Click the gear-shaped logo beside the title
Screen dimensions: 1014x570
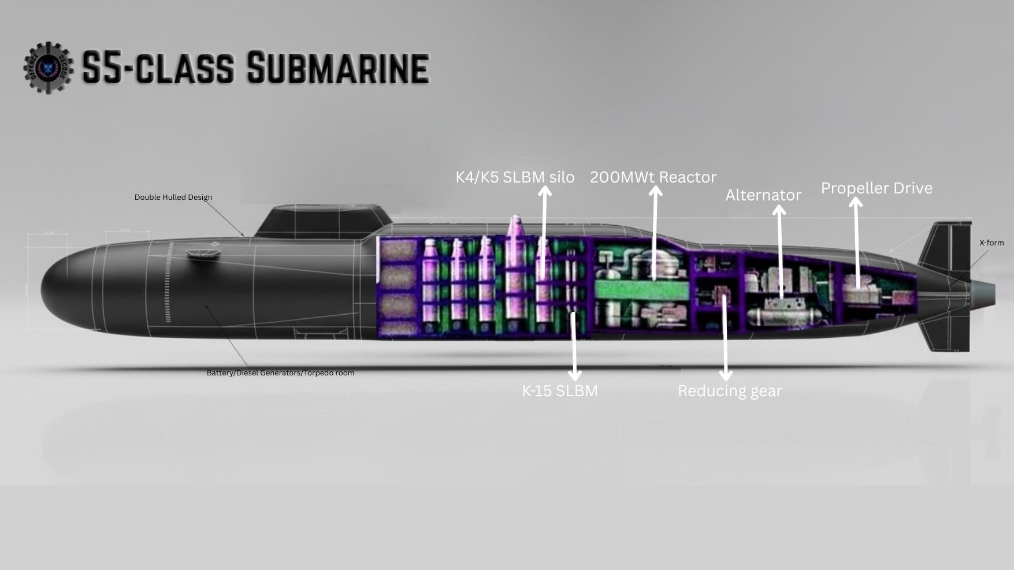pyautogui.click(x=49, y=67)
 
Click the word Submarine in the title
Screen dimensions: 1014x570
pyautogui.click(x=337, y=68)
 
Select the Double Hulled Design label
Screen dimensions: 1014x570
pyautogui.click(x=173, y=198)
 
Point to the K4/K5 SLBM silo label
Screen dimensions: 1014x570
pyautogui.click(x=515, y=177)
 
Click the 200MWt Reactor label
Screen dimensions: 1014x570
pyautogui.click(x=653, y=177)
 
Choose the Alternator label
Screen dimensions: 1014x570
pyautogui.click(x=763, y=195)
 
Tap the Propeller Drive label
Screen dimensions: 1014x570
pyautogui.click(x=876, y=188)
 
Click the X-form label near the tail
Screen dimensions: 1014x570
pyautogui.click(x=991, y=243)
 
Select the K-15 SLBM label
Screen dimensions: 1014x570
pyautogui.click(x=559, y=391)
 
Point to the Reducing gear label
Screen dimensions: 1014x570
pyautogui.click(x=730, y=391)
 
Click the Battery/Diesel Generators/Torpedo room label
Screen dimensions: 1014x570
pyautogui.click(x=281, y=373)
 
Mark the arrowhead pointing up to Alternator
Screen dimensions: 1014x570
pyautogui.click(x=779, y=211)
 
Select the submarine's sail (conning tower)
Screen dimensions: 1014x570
pyautogui.click(x=324, y=222)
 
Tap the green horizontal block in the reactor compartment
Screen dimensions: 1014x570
pyautogui.click(x=641, y=289)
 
